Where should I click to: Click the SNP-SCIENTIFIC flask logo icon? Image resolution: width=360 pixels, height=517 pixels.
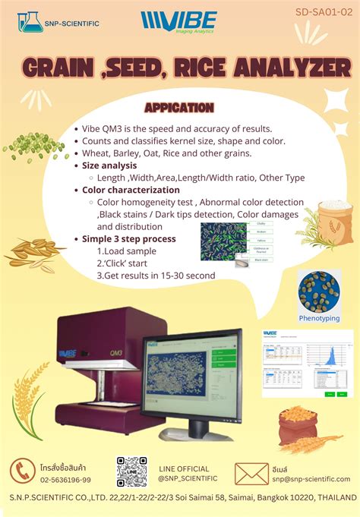[30, 21]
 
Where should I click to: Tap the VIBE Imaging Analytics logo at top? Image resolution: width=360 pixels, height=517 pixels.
[178, 21]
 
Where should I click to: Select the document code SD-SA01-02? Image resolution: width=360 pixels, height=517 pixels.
[324, 13]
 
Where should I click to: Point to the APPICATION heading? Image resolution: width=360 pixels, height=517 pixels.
[178, 108]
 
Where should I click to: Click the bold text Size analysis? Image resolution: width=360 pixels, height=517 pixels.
[109, 166]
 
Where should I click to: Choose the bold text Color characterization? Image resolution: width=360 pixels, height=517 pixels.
[131, 190]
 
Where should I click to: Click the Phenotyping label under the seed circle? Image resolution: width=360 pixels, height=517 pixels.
[319, 318]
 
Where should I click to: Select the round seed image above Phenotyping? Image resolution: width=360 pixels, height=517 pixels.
[319, 291]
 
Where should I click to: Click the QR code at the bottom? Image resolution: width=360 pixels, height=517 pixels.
[131, 471]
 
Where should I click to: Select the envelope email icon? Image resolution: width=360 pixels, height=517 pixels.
[251, 473]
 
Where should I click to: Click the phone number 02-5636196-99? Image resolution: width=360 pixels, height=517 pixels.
[65, 480]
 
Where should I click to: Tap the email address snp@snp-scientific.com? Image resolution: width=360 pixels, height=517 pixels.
[312, 479]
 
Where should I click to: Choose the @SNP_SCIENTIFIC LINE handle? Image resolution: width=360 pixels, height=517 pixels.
[188, 478]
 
